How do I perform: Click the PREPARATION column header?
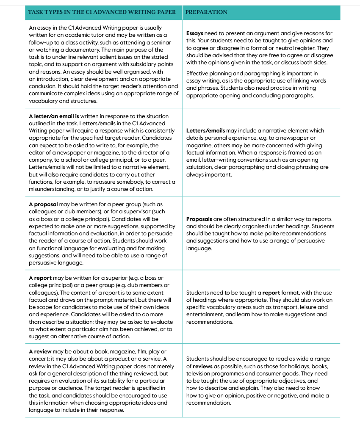click(x=206, y=12)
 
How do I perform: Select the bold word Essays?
click(x=195, y=33)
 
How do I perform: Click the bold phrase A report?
click(x=40, y=278)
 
